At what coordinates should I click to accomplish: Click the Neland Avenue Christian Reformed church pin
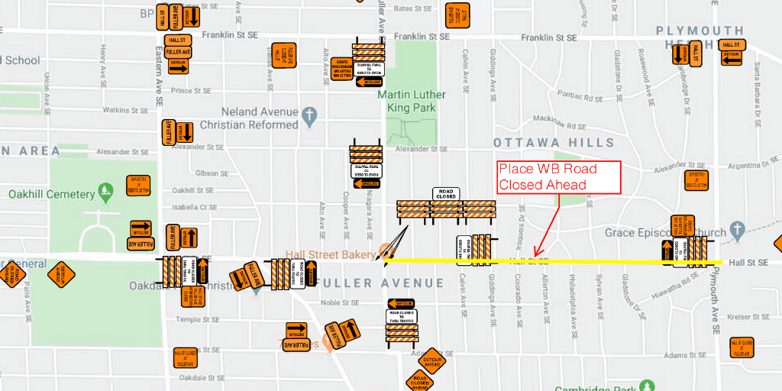(x=309, y=116)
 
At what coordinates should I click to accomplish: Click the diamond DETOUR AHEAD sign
(x=432, y=362)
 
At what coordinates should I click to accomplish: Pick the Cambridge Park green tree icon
(x=647, y=386)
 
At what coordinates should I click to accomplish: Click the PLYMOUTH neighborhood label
(x=700, y=31)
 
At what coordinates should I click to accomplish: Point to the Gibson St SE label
(x=208, y=173)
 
